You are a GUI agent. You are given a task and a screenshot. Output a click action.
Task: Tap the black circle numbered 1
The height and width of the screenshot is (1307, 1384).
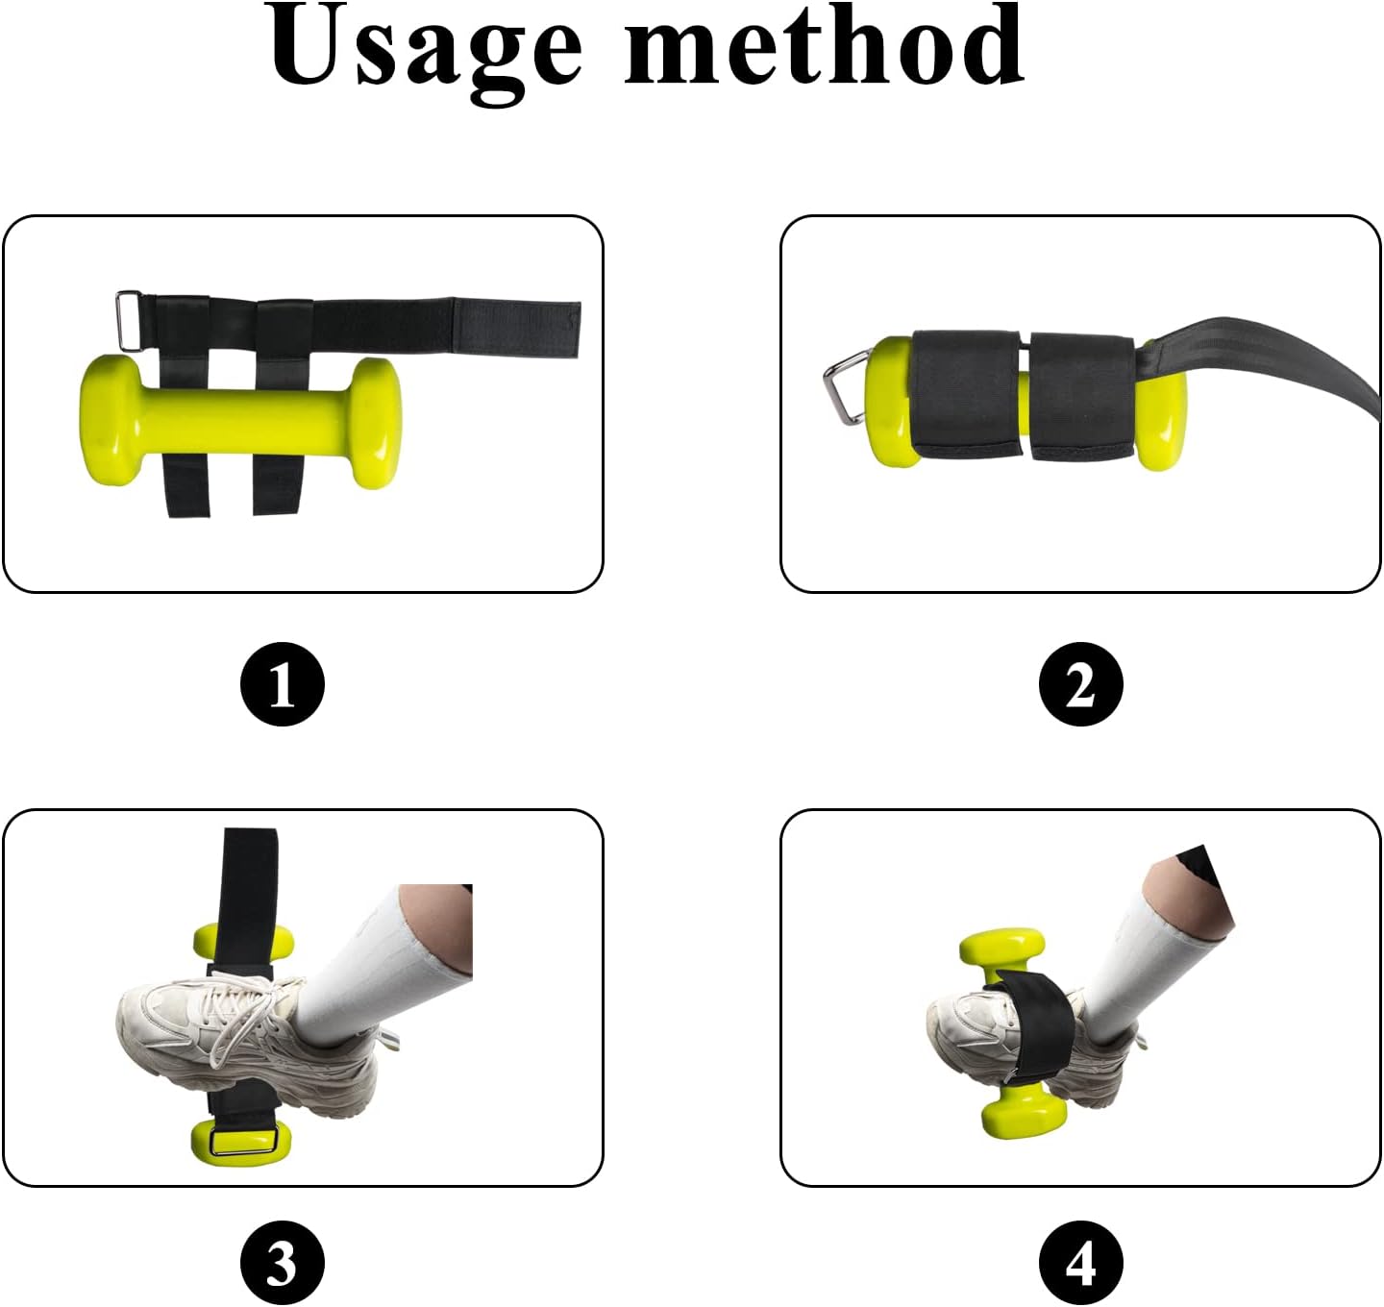(283, 685)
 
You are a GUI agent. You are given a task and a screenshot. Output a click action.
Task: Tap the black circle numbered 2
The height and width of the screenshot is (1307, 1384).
(1081, 685)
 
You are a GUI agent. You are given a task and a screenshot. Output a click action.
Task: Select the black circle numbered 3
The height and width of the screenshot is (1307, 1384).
(283, 1263)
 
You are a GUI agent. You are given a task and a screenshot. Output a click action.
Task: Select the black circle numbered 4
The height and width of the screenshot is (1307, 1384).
(1081, 1263)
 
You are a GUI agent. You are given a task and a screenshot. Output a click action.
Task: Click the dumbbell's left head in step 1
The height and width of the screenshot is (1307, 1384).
(111, 419)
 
